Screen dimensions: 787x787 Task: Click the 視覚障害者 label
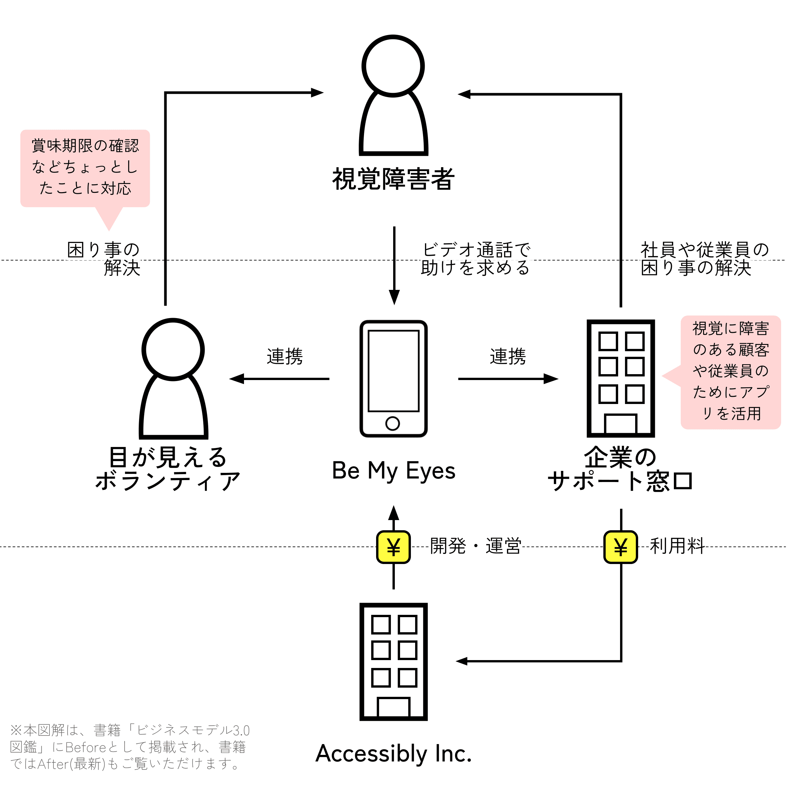[393, 179]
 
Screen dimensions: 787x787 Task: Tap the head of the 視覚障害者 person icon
[393, 66]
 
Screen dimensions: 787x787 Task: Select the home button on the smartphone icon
[393, 424]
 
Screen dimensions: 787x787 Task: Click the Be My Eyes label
[393, 471]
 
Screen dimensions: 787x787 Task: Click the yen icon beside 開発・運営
[393, 547]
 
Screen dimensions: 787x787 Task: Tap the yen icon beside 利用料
[621, 547]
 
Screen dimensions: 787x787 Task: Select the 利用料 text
[677, 546]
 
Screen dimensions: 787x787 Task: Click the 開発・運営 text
[476, 546]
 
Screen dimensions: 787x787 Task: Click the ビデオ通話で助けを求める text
[476, 259]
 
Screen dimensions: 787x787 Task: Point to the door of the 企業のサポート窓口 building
[621, 424]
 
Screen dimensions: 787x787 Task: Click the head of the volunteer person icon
[173, 350]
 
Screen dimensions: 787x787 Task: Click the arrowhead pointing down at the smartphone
[394, 297]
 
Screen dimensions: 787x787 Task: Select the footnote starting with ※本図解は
[130, 747]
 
